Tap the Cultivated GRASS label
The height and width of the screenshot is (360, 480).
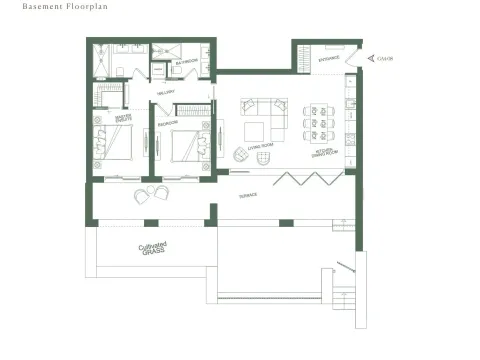click(x=154, y=249)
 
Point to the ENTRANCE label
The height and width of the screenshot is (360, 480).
click(x=329, y=59)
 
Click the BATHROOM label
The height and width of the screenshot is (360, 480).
click(x=186, y=62)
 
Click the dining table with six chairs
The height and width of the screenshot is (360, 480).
click(x=317, y=121)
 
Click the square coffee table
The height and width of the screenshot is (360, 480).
click(x=255, y=131)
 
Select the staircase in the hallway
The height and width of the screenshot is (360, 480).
click(x=195, y=109)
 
